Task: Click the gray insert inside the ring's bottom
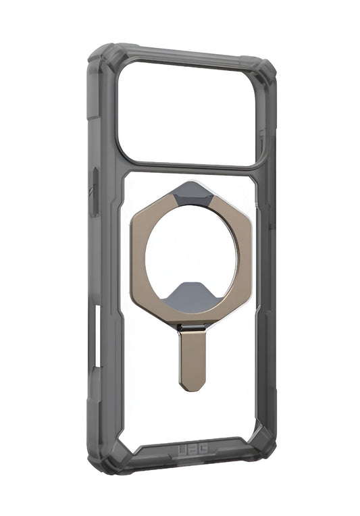tap(192, 297)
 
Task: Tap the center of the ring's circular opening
tap(192, 256)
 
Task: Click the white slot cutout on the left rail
tap(97, 338)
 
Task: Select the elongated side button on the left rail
tap(95, 192)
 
